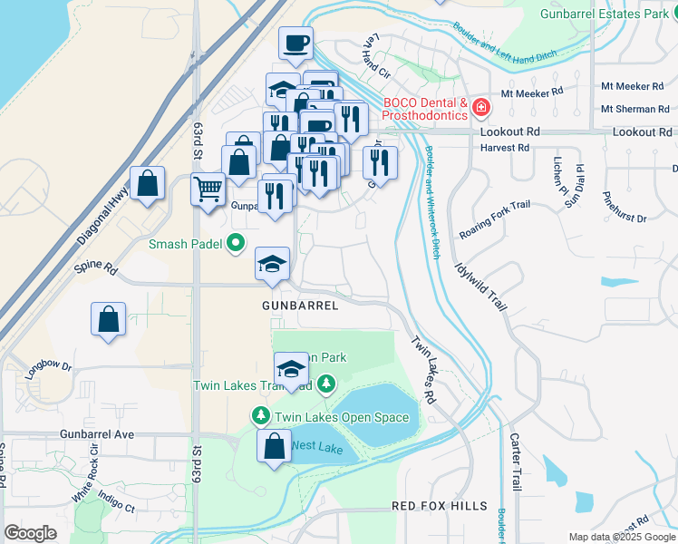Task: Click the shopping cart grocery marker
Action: [x=208, y=190]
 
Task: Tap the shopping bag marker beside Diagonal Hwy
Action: [x=147, y=183]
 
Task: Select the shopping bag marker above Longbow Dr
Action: [x=108, y=319]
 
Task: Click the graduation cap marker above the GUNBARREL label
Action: [x=272, y=264]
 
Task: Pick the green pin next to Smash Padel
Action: [x=236, y=242]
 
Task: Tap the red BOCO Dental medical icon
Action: [x=480, y=109]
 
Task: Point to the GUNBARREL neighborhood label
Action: [x=301, y=306]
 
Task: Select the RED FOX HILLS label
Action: [x=440, y=505]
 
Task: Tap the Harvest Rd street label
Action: [x=503, y=148]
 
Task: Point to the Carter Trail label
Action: [x=516, y=462]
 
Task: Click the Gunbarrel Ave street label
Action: [x=98, y=434]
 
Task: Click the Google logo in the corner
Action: [x=30, y=533]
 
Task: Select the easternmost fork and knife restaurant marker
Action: [x=380, y=162]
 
